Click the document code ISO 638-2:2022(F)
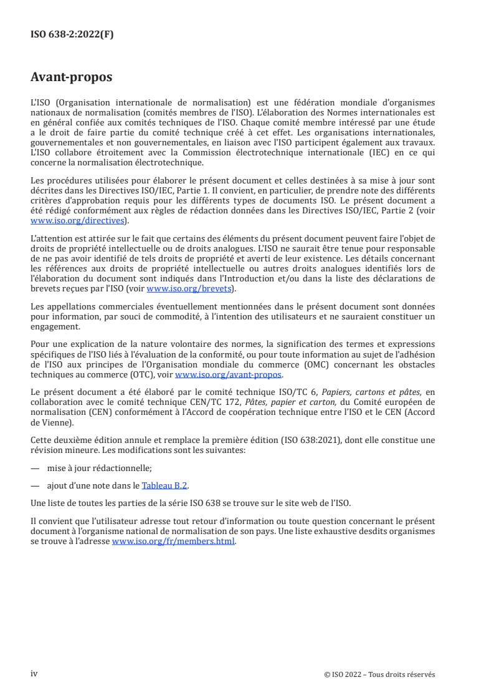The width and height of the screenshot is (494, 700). point(72,35)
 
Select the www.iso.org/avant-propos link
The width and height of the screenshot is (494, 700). point(229,374)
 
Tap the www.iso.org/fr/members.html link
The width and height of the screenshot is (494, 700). point(173,542)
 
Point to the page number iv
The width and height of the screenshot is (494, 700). point(34,674)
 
